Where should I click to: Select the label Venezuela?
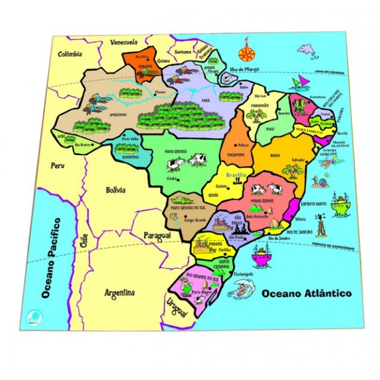click(x=124, y=42)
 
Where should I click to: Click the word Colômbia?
click(x=70, y=54)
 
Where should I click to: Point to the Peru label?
click(x=58, y=166)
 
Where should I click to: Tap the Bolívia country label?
click(x=115, y=189)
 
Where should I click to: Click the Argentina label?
click(x=120, y=292)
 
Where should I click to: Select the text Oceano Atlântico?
click(x=306, y=293)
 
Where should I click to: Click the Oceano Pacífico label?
click(x=49, y=257)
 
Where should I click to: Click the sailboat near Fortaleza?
click(x=302, y=83)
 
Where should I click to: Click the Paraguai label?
click(x=158, y=235)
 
